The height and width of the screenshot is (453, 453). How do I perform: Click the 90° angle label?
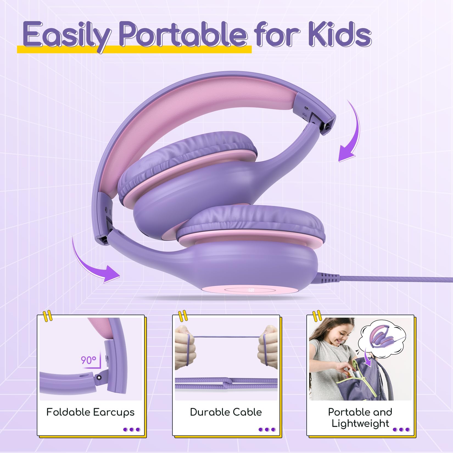point(88,360)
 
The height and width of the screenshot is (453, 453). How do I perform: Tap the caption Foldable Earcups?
point(90,412)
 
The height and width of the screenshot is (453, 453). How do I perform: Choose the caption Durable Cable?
point(226,412)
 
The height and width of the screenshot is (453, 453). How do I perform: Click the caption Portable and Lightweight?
point(360,418)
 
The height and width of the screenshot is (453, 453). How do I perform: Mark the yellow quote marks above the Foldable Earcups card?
point(48,316)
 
